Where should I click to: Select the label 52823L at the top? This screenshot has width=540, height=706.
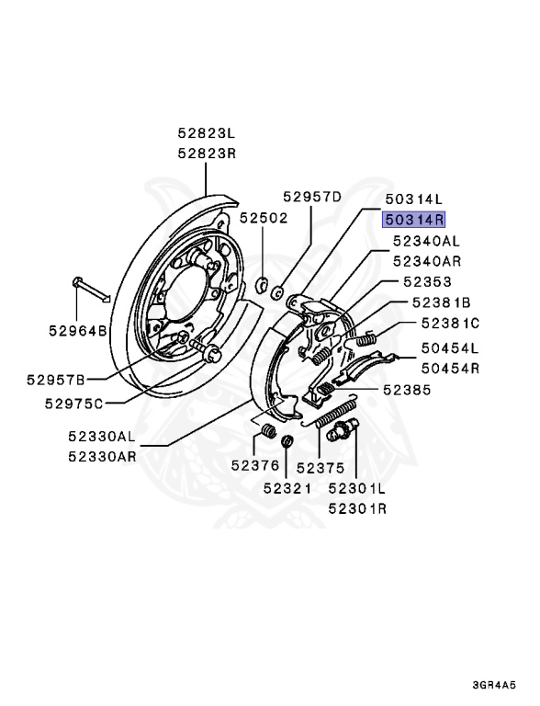point(207,133)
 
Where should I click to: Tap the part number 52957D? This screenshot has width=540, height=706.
point(311,197)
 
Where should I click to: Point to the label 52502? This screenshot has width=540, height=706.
point(264,218)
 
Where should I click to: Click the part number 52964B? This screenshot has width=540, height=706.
point(78,329)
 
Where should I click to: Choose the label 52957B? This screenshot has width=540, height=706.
point(55,379)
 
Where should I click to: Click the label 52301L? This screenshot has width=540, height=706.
point(357,488)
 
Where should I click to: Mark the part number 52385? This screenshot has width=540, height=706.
point(407,389)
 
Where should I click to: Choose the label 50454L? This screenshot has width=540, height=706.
point(451,348)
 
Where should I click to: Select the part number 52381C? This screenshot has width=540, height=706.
point(451,323)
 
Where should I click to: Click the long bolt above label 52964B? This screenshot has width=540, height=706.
point(89,289)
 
